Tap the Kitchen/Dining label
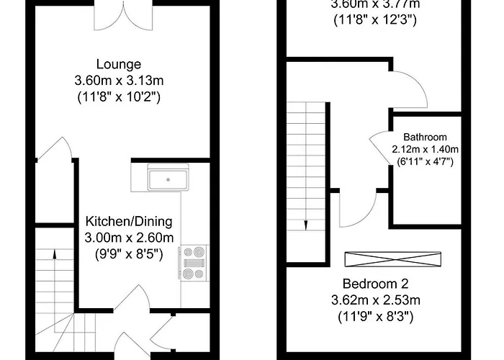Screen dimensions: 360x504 point(129,221)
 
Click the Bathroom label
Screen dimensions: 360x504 point(425,137)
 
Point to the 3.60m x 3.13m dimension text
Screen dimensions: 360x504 point(120,80)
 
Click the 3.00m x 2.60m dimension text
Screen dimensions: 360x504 point(129,238)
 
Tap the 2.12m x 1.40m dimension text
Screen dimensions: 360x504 point(425,149)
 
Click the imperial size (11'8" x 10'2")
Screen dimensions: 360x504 point(120,96)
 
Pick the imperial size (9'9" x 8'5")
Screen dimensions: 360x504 point(129,253)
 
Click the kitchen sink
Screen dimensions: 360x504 point(167,177)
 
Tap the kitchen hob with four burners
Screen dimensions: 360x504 point(195,263)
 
